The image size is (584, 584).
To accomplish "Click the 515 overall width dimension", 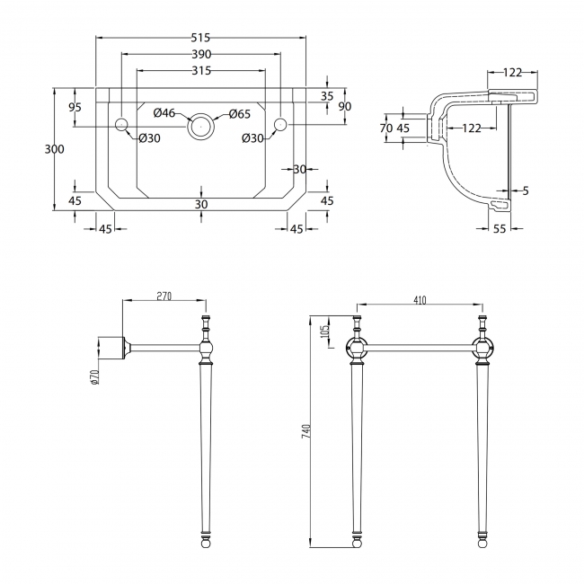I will click(200, 38).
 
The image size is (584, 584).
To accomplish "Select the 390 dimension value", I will click(200, 55).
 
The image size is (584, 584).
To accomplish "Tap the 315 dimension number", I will click(200, 72).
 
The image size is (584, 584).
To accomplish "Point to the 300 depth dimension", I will click(54, 149).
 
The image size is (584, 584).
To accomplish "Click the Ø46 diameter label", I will click(164, 113).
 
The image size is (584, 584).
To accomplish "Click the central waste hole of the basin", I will click(201, 125).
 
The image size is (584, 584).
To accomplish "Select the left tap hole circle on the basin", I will click(122, 123).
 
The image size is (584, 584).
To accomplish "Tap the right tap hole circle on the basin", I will click(279, 123).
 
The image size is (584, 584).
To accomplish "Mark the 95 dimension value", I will click(75, 107).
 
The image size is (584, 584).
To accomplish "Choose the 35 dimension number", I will click(326, 95).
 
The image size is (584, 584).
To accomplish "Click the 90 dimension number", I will click(344, 106).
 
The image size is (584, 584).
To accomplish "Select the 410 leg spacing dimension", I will click(420, 301).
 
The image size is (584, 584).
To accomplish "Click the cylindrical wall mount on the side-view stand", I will click(109, 346).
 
